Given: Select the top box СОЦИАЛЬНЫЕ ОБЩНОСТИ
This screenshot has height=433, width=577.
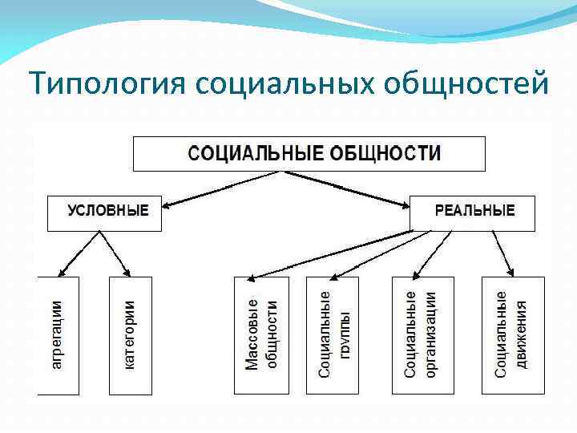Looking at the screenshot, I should coord(309,153).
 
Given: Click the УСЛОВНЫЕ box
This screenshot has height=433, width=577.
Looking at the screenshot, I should coord(104,212).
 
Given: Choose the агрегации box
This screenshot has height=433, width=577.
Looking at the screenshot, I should coord(58,335).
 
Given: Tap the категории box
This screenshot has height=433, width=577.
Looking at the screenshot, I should coord(130,335).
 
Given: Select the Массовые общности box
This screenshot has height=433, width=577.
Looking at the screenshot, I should coord(260,335).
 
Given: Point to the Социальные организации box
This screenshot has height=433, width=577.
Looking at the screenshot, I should coord(422,335).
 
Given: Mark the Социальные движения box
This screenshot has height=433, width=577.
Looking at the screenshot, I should coord(513,335).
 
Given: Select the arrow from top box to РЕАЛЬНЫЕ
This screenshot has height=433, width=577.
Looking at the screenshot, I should coord(365,189).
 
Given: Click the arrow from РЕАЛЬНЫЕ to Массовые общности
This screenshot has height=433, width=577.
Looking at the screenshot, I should coord(337,254).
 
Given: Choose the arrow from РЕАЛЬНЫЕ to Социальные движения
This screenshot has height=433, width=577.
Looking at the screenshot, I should coord(502,253).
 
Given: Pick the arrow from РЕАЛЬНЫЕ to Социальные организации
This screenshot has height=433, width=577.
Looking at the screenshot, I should coord(440,253).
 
